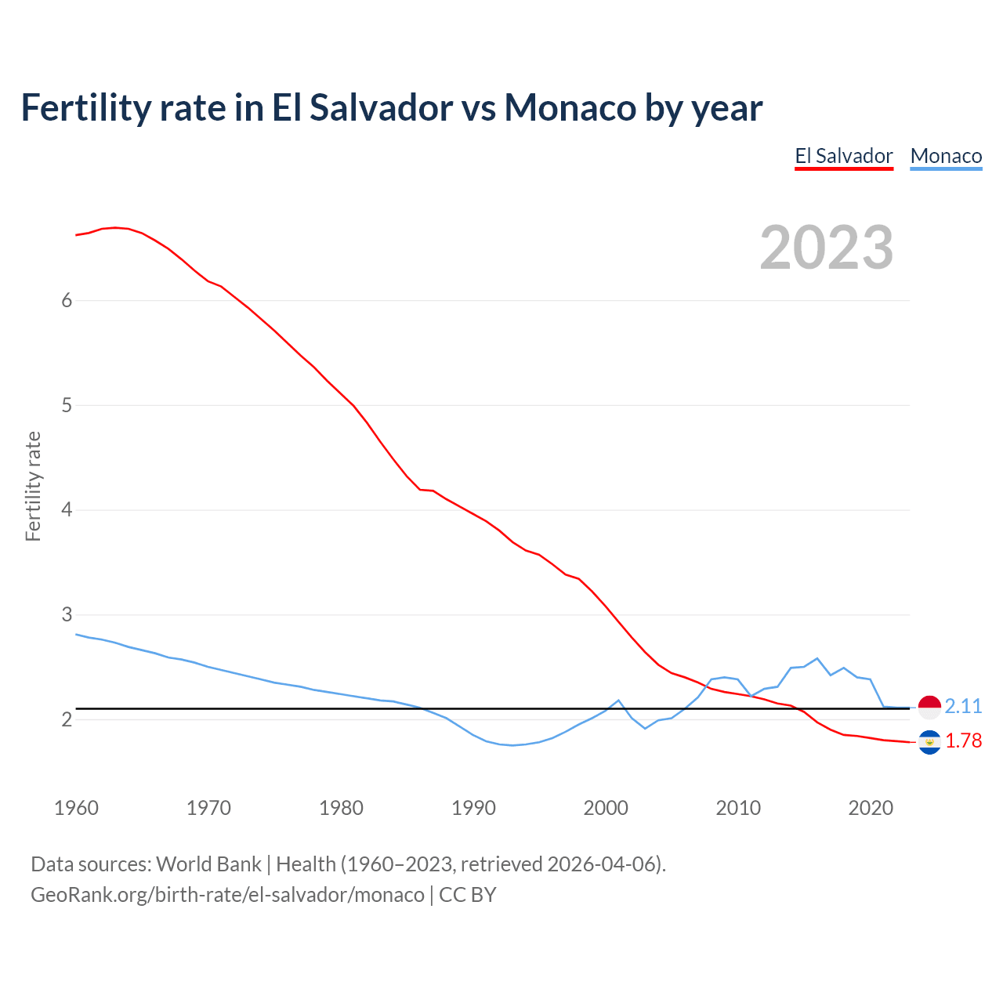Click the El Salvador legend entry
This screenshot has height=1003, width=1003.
[844, 156]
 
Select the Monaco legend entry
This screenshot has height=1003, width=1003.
[946, 156]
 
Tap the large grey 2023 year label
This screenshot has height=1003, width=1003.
[827, 248]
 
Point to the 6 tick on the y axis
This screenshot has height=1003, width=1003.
[67, 300]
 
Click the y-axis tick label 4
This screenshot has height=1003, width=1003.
[67, 510]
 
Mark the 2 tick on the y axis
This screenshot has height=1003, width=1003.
[67, 719]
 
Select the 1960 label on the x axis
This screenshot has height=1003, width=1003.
[76, 808]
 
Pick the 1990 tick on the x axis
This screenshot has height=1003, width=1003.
[473, 808]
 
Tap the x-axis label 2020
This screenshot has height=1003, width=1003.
[871, 808]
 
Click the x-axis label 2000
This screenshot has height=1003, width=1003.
[606, 808]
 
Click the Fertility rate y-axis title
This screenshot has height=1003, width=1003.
[33, 486]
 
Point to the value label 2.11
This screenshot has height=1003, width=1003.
[963, 706]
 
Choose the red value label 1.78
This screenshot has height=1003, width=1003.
[963, 740]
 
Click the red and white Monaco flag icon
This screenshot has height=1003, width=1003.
[929, 707]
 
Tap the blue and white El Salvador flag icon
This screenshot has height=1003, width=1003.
[929, 741]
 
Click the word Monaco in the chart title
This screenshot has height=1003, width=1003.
[570, 107]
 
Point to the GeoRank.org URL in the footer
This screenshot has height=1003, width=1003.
[227, 895]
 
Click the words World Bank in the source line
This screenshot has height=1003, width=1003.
[208, 864]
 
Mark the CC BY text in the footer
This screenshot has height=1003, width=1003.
[468, 895]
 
